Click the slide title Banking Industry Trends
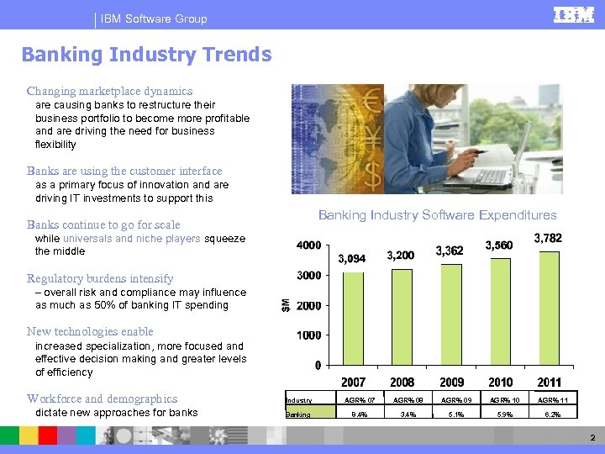coord(146,55)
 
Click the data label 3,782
coord(548,239)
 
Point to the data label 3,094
coord(351,258)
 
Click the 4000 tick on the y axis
coord(308,245)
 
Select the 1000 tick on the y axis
coord(308,335)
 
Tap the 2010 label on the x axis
coord(500,383)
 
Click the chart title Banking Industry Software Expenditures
coord(437,215)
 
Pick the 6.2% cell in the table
coord(550,414)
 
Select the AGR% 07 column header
coord(354,400)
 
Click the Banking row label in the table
coord(298,414)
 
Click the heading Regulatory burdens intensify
coord(100,278)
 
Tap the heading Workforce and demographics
coord(102,399)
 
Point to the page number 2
coord(592,438)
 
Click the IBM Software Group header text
coord(153,18)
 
